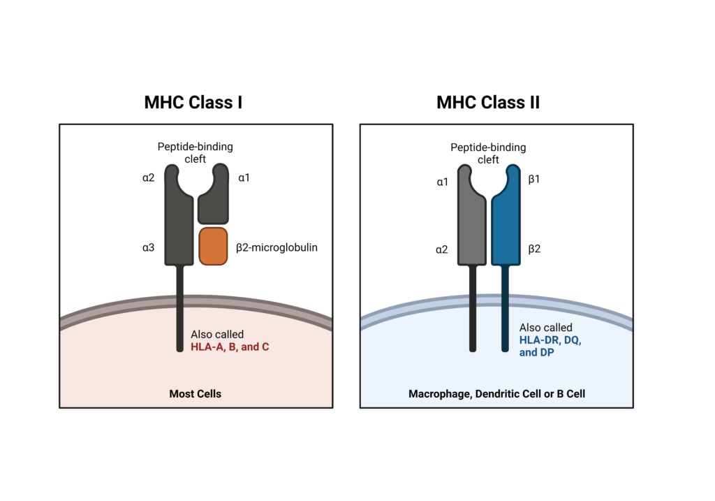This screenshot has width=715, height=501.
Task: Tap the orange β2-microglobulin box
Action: (213, 246)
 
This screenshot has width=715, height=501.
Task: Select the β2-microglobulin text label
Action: (276, 247)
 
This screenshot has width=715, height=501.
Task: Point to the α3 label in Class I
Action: (148, 247)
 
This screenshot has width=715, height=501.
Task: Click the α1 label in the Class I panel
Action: (244, 179)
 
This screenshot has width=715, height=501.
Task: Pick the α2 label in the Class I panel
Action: (148, 179)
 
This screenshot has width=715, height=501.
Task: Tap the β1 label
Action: (535, 180)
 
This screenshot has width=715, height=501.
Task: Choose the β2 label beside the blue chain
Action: (535, 248)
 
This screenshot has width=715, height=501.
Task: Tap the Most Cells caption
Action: (196, 393)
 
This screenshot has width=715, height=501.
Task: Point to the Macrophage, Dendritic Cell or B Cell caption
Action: (496, 394)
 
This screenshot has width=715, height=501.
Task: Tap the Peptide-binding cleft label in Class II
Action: (488, 153)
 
